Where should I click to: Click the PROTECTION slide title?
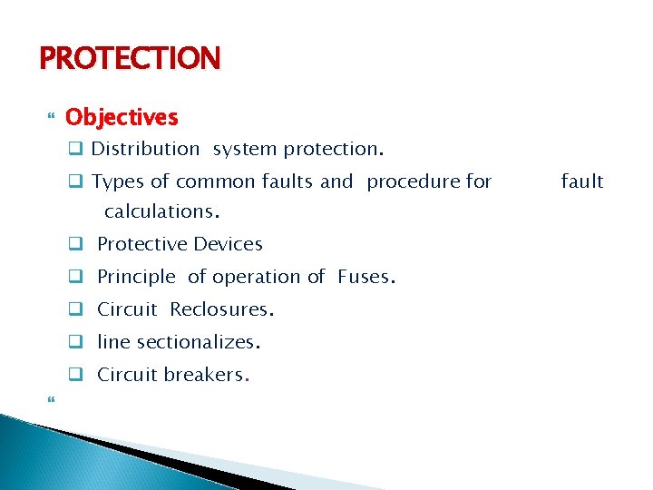click(x=130, y=58)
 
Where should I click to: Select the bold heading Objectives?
click(x=122, y=117)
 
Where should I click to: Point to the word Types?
click(x=117, y=181)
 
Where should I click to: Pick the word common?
click(x=216, y=181)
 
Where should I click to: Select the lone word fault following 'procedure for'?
click(x=581, y=181)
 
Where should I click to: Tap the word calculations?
click(x=162, y=211)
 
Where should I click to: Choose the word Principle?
click(x=136, y=277)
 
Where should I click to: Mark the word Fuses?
click(x=365, y=277)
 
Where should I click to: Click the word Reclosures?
click(x=221, y=309)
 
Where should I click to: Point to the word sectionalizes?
click(x=200, y=342)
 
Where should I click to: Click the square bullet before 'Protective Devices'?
click(x=77, y=244)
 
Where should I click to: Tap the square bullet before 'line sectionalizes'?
click(x=77, y=342)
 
